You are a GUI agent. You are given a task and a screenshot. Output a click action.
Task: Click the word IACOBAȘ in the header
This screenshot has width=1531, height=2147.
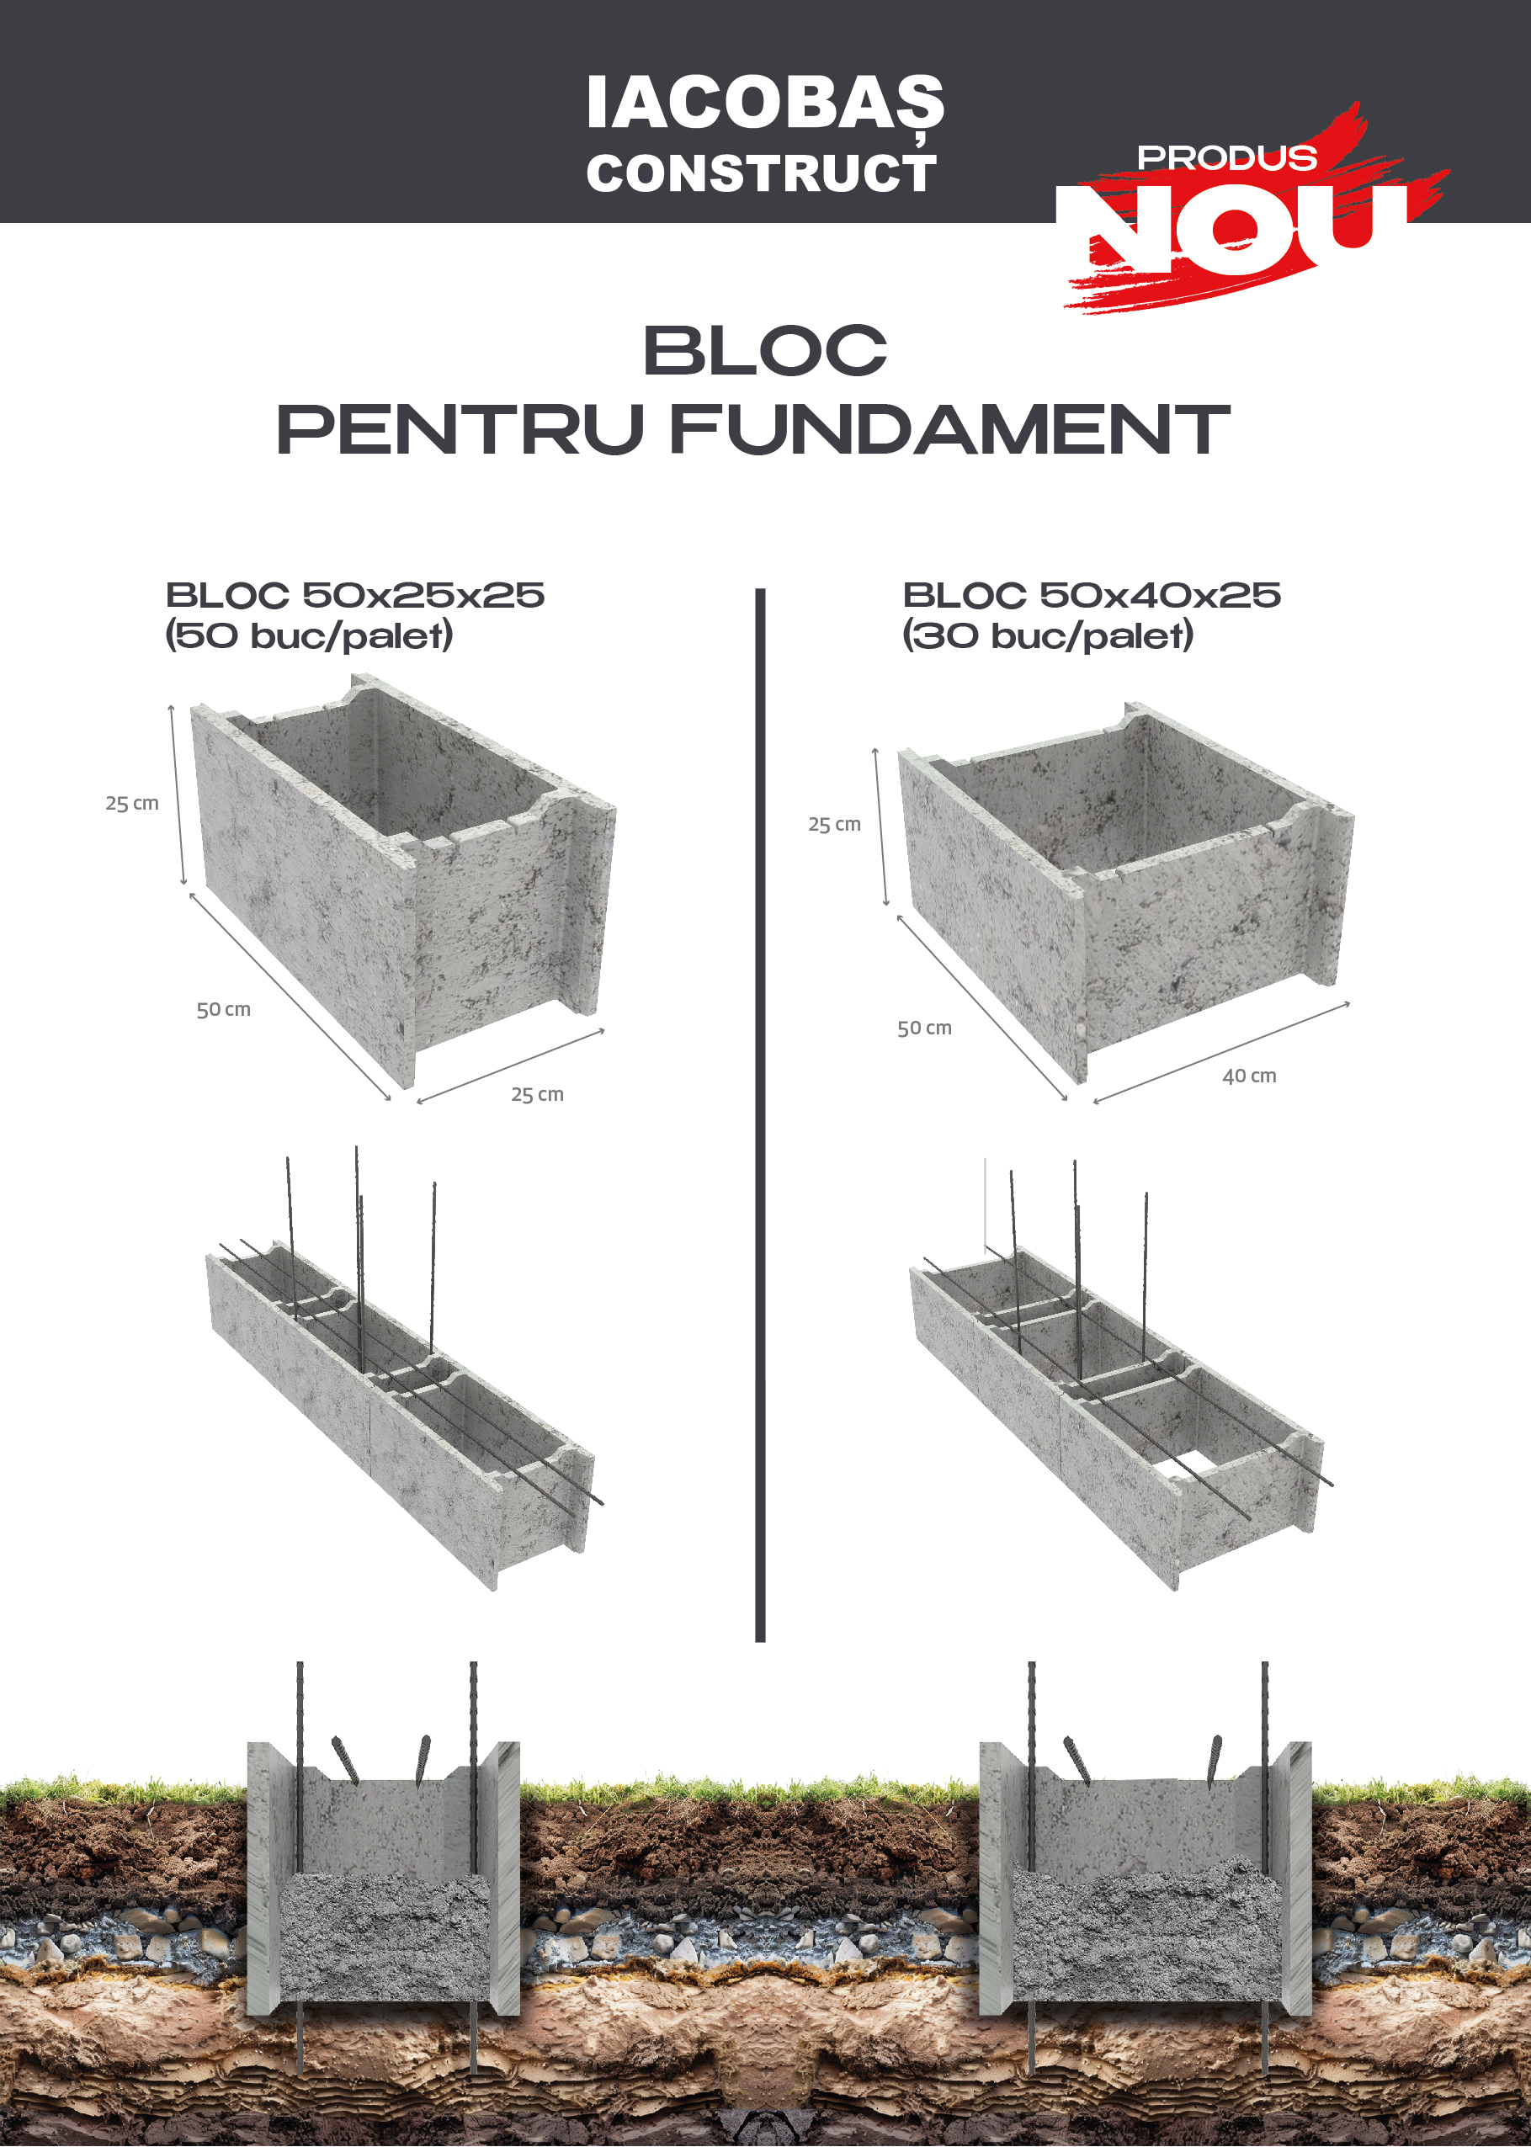coord(764,103)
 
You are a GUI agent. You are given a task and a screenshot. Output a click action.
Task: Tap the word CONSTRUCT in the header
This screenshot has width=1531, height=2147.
coord(761,174)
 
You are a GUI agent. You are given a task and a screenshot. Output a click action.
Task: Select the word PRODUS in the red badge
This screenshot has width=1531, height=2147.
coord(1226,157)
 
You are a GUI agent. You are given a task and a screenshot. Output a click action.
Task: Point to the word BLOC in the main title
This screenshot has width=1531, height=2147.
coord(764,351)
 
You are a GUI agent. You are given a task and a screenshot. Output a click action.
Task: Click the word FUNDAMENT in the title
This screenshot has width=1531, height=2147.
coord(949,430)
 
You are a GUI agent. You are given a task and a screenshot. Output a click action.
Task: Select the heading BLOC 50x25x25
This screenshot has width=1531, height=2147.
coord(354,596)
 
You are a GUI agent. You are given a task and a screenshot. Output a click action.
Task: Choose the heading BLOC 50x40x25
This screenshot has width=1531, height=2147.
coord(1092,596)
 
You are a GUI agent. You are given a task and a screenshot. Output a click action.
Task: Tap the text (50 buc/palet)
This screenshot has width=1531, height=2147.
coord(309,636)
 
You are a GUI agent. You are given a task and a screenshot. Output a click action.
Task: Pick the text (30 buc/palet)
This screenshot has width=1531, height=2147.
coord(1047,636)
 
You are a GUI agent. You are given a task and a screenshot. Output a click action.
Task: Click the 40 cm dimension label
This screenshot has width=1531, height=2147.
coord(1249,1076)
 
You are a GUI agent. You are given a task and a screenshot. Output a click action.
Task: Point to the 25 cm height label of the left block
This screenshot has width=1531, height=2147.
coord(132,803)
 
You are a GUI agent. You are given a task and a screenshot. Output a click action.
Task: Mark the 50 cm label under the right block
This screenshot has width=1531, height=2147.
coord(924,1028)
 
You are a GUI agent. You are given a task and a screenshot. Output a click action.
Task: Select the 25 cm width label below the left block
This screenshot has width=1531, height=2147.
coord(537,1094)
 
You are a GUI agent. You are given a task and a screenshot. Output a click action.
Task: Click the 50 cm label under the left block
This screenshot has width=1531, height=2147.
coord(223,1009)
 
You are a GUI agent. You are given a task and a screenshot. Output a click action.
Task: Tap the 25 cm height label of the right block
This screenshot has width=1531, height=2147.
coord(834,824)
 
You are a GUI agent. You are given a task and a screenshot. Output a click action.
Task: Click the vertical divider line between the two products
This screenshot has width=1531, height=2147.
coord(761,1115)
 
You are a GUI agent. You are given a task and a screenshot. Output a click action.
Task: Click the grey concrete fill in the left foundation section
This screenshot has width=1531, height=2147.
coord(385,1937)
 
